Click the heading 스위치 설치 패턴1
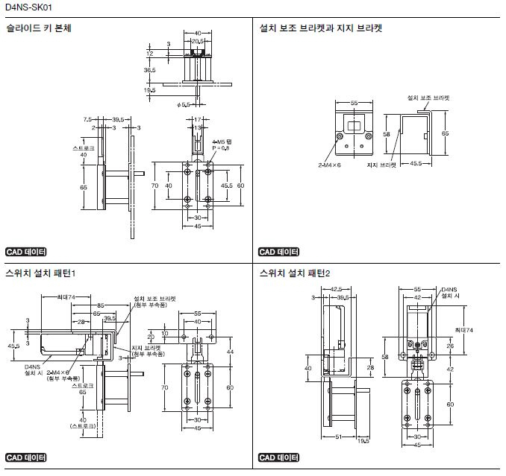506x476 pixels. (x=40, y=273)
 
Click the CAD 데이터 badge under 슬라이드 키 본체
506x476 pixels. (x=25, y=252)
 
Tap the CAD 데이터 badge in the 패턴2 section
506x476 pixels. (x=278, y=457)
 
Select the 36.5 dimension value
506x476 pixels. (x=149, y=70)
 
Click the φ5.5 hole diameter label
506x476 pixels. (x=185, y=105)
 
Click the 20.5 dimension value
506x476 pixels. (x=198, y=41)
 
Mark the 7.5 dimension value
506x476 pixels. (x=87, y=118)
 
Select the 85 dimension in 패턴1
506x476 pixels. (x=99, y=305)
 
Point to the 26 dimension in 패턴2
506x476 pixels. (x=450, y=346)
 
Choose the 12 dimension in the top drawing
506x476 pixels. (x=149, y=54)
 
